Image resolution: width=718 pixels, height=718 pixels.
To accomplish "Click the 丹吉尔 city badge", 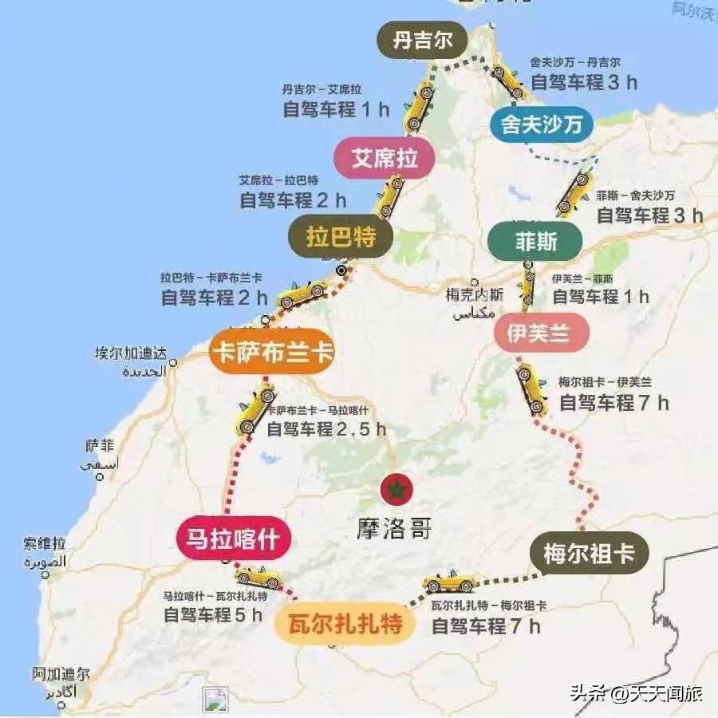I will (422, 40).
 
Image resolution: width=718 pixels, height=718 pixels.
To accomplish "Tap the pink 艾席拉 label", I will (385, 158).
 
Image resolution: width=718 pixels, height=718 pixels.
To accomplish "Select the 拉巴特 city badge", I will (340, 237).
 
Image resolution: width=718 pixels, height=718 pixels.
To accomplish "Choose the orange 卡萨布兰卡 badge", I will (271, 352).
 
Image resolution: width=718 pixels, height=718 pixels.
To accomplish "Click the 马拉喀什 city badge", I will (232, 539).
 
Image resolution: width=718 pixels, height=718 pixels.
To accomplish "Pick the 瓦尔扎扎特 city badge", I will (345, 624).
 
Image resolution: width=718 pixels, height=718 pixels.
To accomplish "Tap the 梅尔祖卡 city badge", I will (590, 553).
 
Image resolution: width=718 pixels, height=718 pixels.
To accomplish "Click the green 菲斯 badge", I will (536, 241).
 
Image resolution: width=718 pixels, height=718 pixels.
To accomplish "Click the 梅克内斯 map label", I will (475, 294).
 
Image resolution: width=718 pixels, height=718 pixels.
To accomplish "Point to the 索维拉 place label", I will (45, 543).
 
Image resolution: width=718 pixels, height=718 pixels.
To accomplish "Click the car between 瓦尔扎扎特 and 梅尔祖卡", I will (450, 581).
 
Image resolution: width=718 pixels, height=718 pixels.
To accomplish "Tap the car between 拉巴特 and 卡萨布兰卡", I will (302, 294).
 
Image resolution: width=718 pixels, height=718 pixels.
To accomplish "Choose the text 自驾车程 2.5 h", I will (325, 429).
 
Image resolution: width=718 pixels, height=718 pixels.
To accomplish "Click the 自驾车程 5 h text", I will (212, 615).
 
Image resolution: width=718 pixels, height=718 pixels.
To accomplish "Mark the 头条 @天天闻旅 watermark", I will (636, 693).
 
